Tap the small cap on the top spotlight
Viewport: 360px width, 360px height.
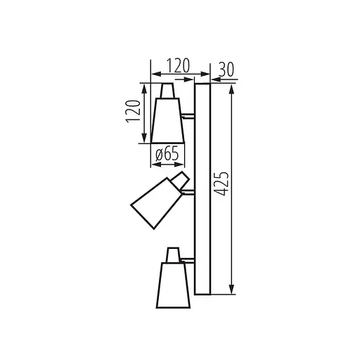(167, 91)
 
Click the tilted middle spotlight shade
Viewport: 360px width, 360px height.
(155, 202)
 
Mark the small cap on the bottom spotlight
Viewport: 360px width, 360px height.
(172, 253)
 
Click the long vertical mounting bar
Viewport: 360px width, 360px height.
(202, 188)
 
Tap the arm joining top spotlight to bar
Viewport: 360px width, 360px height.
(188, 114)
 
